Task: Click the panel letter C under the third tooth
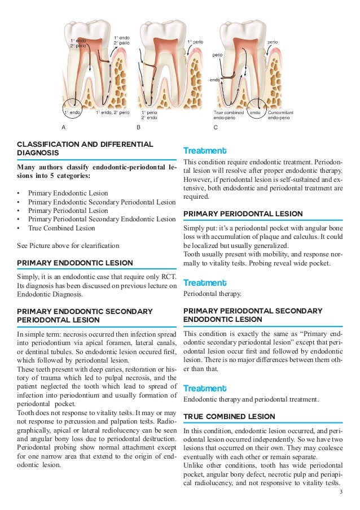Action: click(x=216, y=128)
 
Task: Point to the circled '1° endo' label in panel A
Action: click(x=72, y=113)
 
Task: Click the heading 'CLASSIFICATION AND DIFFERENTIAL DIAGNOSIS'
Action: click(x=85, y=148)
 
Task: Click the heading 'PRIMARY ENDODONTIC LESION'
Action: click(x=75, y=263)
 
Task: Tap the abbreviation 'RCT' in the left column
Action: click(x=169, y=276)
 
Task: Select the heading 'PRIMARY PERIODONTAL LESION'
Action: click(x=243, y=213)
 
